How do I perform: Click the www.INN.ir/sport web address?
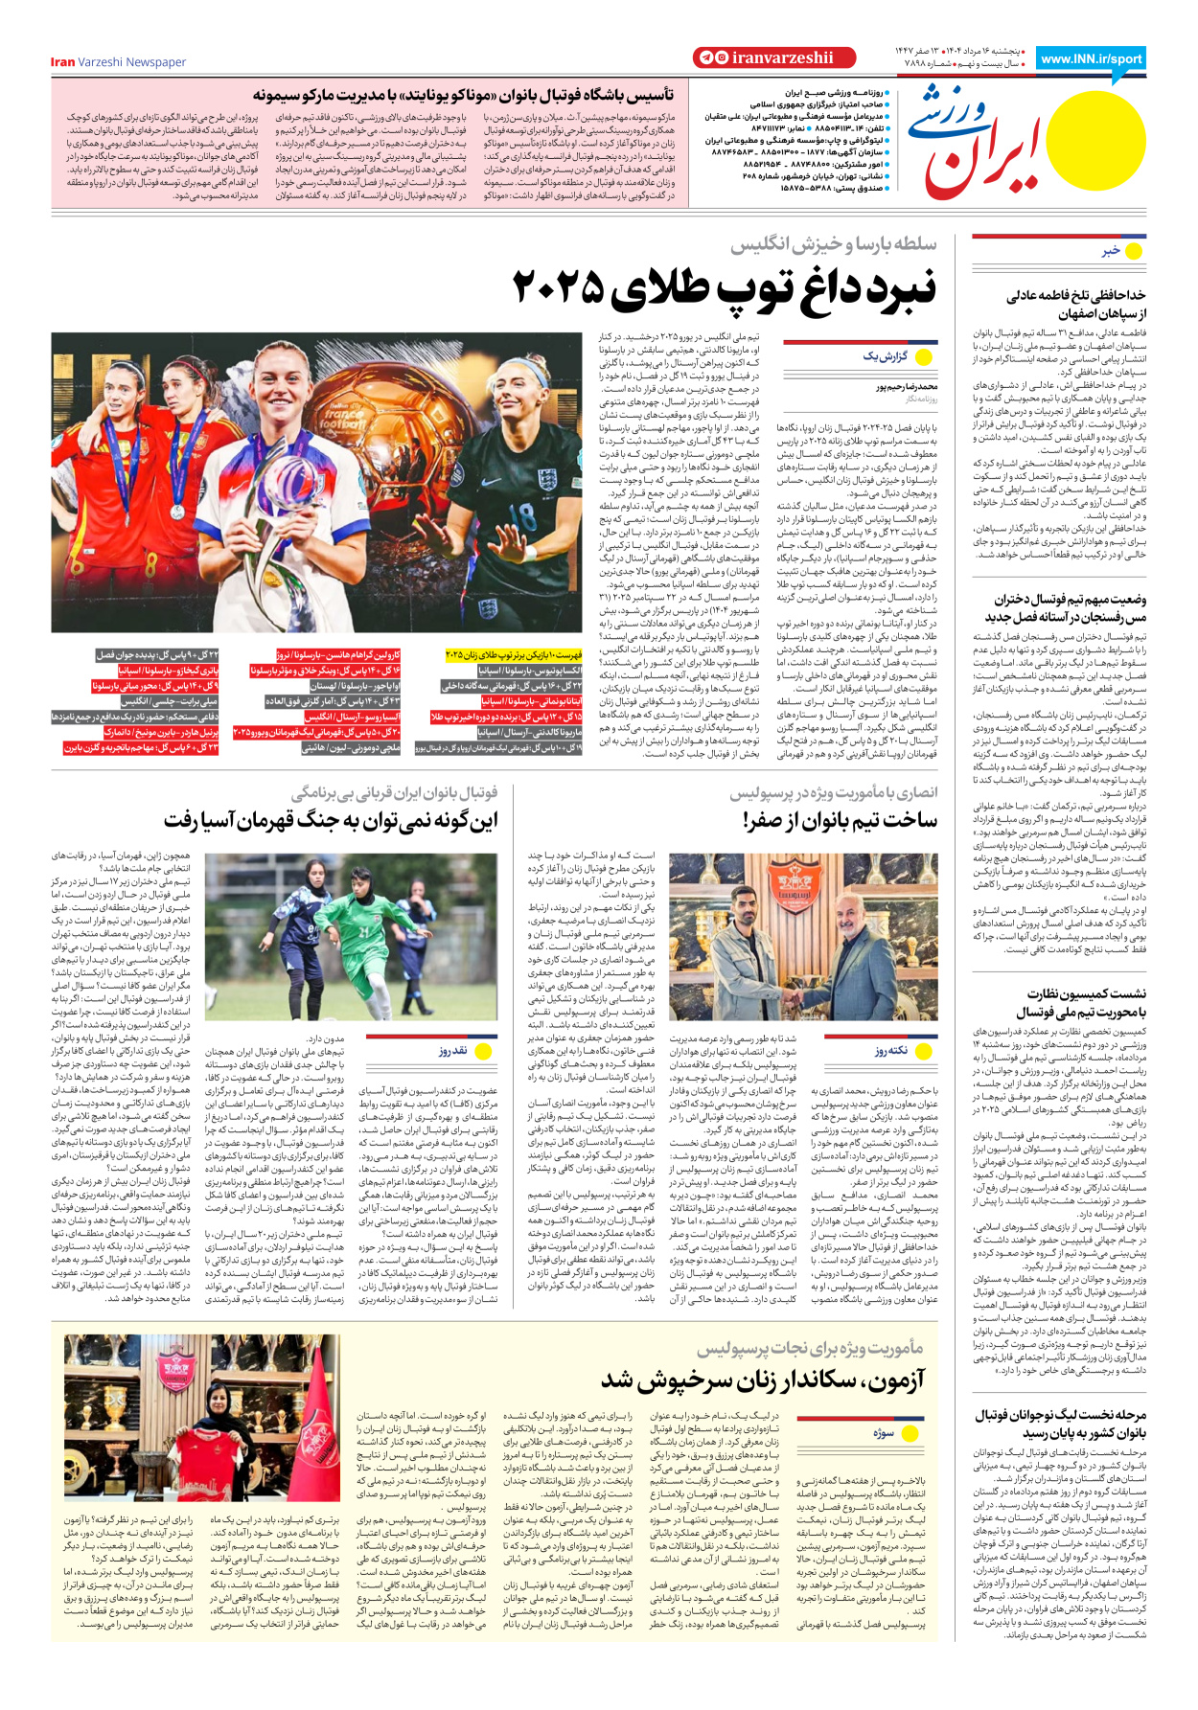pyautogui.click(x=1091, y=58)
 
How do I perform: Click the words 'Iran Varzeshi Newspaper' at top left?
pyautogui.click(x=118, y=62)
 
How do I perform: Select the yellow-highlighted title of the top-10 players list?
pyautogui.click(x=514, y=655)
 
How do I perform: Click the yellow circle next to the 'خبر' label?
pyautogui.click(x=1134, y=251)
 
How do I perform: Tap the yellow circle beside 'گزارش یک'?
pyautogui.click(x=924, y=357)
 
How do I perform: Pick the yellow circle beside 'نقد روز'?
pyautogui.click(x=483, y=1051)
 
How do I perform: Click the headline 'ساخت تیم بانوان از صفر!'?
pyautogui.click(x=840, y=820)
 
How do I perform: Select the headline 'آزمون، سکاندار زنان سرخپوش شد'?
pyautogui.click(x=763, y=1380)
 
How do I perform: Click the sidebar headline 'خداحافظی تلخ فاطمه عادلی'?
pyautogui.click(x=1075, y=296)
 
